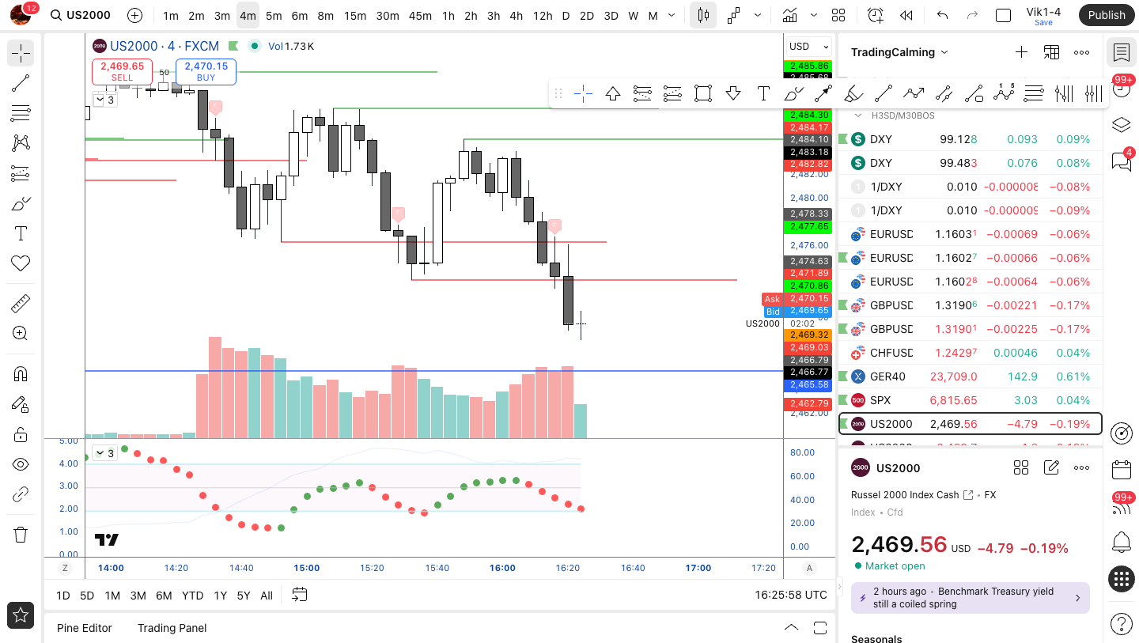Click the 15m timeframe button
tap(355, 15)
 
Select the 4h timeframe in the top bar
tap(516, 15)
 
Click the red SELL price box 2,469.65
tap(123, 71)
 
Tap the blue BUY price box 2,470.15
tap(206, 71)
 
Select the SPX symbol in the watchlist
tap(880, 400)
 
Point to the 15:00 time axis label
tap(307, 568)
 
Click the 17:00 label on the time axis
tap(698, 568)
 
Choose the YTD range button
tap(192, 596)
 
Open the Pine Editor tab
tap(85, 628)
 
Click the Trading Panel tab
tap(172, 628)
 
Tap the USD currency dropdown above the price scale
tap(809, 46)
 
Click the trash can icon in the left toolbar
tap(21, 535)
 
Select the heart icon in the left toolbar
tap(21, 263)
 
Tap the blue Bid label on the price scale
tap(773, 312)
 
